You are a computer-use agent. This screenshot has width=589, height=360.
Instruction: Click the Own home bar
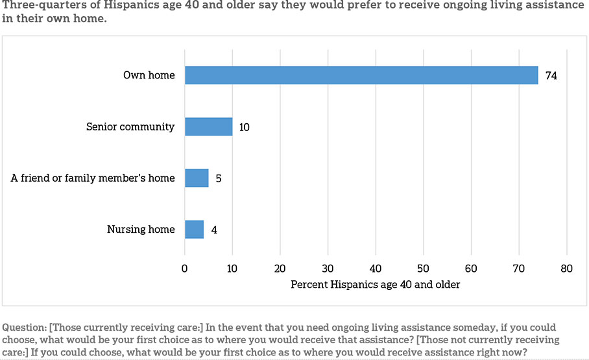tap(361, 75)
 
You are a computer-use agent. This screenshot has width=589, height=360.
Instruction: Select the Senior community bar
tap(208, 126)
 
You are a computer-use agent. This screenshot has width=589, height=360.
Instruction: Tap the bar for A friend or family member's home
tap(197, 178)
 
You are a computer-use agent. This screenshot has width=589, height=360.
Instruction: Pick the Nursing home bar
tap(194, 229)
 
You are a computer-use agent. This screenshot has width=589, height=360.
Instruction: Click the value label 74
tap(551, 75)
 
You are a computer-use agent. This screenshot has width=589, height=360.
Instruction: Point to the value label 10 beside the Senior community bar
tap(244, 127)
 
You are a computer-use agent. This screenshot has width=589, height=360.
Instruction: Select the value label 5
tap(219, 178)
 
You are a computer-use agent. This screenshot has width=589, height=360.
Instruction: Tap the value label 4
tap(214, 230)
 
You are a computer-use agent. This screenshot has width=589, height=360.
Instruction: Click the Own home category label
tap(149, 75)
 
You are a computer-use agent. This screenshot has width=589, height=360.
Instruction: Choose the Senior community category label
tap(130, 126)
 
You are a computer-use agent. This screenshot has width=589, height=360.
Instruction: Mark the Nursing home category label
tap(141, 229)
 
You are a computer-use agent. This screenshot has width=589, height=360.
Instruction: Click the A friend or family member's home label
tap(93, 178)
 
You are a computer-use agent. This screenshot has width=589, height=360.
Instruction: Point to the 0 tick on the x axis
tap(184, 269)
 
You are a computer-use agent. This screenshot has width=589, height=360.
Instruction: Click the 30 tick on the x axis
tap(328, 269)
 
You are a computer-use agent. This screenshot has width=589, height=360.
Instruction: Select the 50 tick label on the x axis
tap(423, 269)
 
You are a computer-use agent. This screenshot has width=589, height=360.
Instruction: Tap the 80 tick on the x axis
tap(566, 269)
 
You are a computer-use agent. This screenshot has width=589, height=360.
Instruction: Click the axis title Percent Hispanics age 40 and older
tap(376, 285)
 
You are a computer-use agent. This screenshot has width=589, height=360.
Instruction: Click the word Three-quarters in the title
tap(36, 5)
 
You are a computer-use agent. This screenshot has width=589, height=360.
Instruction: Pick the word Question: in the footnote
tap(24, 328)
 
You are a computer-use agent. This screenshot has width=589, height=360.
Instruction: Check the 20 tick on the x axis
tap(280, 269)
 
